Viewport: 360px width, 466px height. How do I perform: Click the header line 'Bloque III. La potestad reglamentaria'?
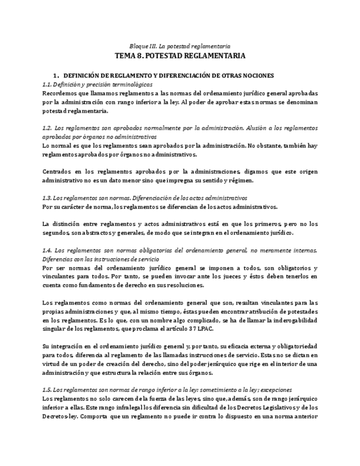pyautogui.click(x=180, y=46)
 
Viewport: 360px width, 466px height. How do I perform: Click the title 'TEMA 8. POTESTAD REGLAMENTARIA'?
pyautogui.click(x=180, y=56)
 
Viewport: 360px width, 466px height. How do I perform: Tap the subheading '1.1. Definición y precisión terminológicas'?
pyautogui.click(x=97, y=85)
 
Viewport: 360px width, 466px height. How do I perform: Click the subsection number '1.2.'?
pyautogui.click(x=47, y=128)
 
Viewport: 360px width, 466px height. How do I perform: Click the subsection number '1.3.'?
pyautogui.click(x=47, y=197)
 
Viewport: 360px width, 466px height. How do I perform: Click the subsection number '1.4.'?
pyautogui.click(x=47, y=250)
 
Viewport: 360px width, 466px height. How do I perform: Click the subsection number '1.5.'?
pyautogui.click(x=47, y=389)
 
